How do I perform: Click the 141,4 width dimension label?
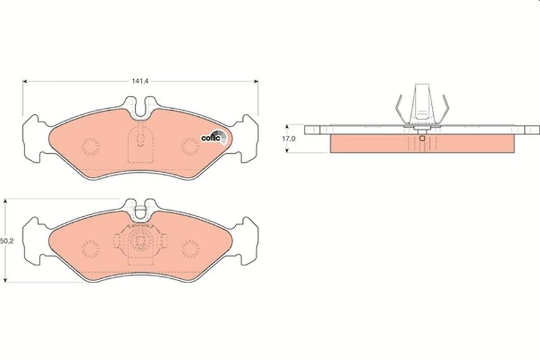[x=140, y=81]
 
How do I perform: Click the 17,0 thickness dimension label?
[x=289, y=139]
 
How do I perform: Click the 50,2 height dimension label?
[x=7, y=241]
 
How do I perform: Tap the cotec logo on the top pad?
[x=213, y=137]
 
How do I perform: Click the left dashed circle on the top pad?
[x=90, y=147]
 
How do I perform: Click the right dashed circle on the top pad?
[x=190, y=147]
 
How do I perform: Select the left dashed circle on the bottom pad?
[x=90, y=249]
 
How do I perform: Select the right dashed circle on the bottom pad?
[x=190, y=249]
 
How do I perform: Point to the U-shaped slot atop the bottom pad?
[x=140, y=210]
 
